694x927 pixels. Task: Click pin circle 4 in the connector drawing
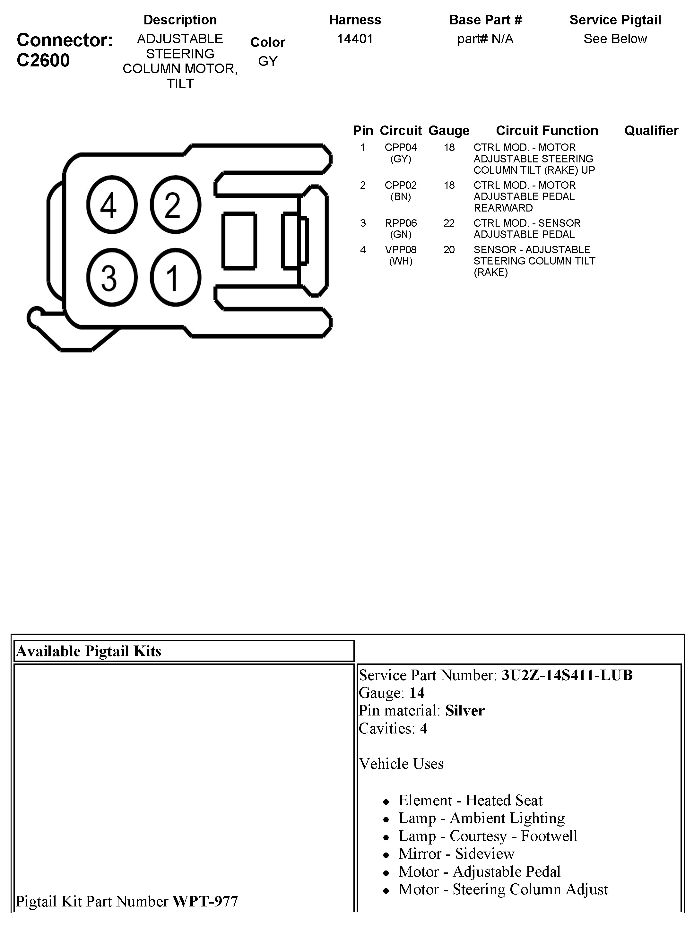(x=111, y=204)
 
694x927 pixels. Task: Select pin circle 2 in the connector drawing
(x=175, y=204)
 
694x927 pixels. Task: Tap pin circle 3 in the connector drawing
(x=111, y=277)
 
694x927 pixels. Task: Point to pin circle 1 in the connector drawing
(x=175, y=277)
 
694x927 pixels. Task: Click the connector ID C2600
(x=43, y=60)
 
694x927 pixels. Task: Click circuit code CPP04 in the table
(x=400, y=148)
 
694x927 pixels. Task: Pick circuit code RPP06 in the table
(x=401, y=223)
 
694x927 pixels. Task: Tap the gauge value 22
(x=449, y=223)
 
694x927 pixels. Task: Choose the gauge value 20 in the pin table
(x=449, y=250)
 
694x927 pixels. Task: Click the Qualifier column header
(x=651, y=131)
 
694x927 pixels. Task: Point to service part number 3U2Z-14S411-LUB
(x=567, y=675)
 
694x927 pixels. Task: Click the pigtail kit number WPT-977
(x=205, y=901)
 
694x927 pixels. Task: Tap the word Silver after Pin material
(x=464, y=710)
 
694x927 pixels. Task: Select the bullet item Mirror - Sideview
(x=456, y=854)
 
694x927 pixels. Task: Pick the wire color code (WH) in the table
(x=401, y=261)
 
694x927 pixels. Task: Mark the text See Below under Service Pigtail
(x=615, y=39)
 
